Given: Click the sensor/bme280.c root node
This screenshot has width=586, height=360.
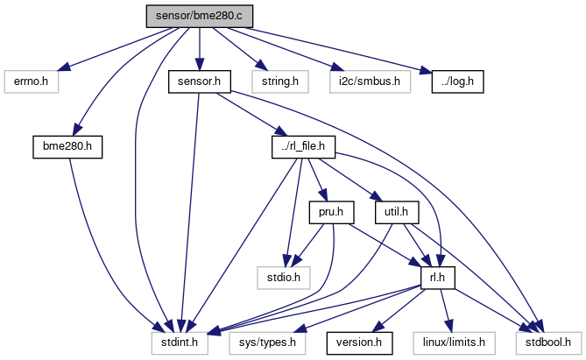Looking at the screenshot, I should pos(199,15).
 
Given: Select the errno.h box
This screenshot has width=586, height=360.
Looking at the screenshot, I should pos(32,82).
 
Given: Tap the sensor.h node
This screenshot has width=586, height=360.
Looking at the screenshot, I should pos(199,82).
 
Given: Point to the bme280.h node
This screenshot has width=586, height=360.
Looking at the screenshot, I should pos(67,146).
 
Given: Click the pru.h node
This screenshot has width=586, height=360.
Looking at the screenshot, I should pos(325,211).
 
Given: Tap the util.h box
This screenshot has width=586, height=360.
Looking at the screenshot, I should pos(399,211).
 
